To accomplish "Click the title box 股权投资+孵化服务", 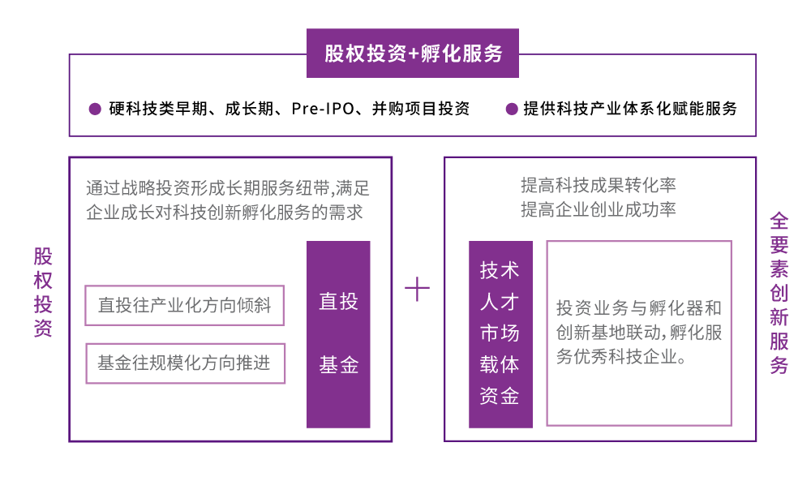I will tap(413, 54).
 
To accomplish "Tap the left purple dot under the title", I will tap(95, 109).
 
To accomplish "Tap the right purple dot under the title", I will tap(512, 109).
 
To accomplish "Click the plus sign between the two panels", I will tap(417, 289).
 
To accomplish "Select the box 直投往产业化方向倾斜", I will tap(184, 305).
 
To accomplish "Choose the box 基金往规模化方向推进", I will tap(185, 363).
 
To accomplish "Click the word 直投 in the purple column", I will tap(338, 302).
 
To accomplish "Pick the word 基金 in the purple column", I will tap(338, 365).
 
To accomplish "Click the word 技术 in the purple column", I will tap(500, 270).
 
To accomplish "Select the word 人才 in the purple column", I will tap(500, 302).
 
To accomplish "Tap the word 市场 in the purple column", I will tap(500, 333).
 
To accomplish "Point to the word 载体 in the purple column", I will tap(500, 365).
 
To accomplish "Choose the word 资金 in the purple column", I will tap(500, 396).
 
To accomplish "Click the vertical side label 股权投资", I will tap(43, 292).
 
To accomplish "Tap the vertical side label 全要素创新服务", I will tap(779, 293).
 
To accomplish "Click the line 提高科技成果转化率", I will tap(598, 186).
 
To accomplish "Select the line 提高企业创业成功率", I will tap(598, 210).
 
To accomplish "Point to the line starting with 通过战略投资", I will tap(227, 189).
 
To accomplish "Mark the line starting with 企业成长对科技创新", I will tap(224, 213).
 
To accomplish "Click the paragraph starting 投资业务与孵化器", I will tap(639, 333).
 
